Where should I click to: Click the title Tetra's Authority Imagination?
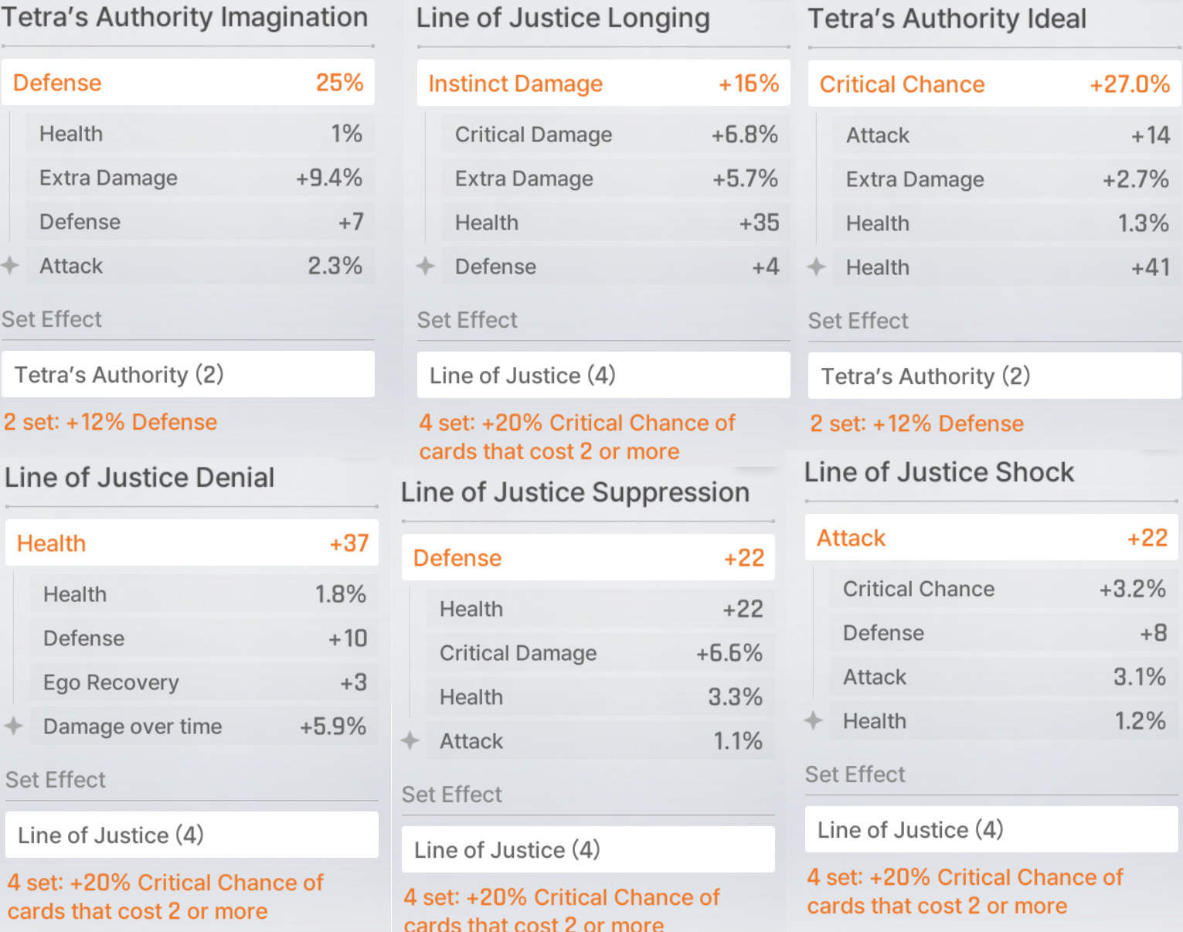coord(185,17)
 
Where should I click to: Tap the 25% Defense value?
coord(339,83)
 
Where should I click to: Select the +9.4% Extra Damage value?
coord(329,178)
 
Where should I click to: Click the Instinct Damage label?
coord(515,83)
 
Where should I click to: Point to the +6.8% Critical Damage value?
coord(744,134)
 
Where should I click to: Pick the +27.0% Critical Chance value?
coord(1129,84)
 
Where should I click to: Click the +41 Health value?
coord(1150,267)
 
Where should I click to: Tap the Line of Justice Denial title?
coord(140,478)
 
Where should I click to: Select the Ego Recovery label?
coord(111,682)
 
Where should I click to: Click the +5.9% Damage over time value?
coord(333,726)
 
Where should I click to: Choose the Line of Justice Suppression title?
coord(575,492)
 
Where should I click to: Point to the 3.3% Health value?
coord(735,697)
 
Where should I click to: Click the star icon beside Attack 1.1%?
coord(410,741)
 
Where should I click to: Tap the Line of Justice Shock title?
coord(939,472)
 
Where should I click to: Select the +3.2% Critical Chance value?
coord(1132,589)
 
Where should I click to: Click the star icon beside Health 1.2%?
coord(814,721)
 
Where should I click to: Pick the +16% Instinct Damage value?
coord(748,83)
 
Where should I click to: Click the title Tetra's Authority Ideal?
coord(947,19)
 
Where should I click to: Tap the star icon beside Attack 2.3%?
coord(10,266)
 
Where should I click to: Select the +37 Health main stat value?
coord(349,543)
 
